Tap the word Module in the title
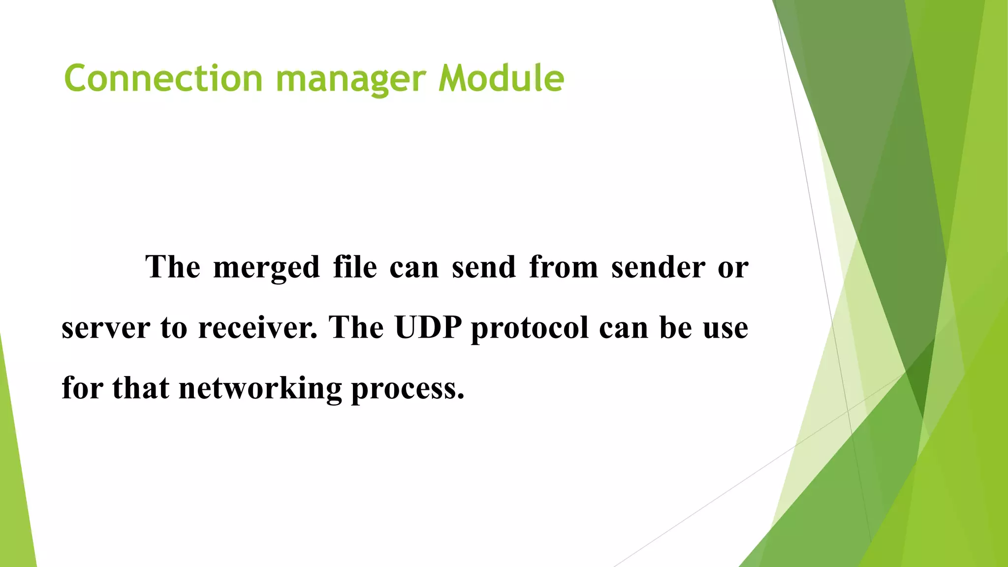point(501,78)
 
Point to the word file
point(355,267)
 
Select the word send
point(484,267)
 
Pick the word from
point(564,267)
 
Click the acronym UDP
point(428,327)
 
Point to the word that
point(140,388)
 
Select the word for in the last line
point(82,388)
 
